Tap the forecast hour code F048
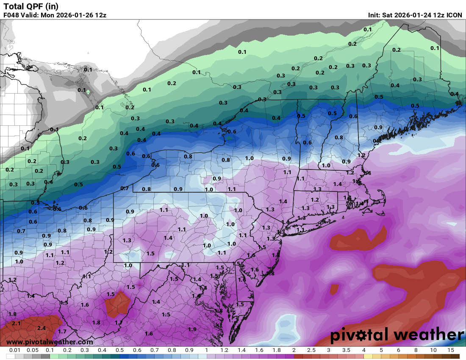tap(11, 15)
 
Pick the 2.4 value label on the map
tap(42, 328)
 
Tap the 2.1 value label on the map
tap(16, 323)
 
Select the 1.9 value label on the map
tap(192, 329)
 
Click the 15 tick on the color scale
tap(451, 351)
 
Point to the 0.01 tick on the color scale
tap(15, 351)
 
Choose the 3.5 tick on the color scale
tap(346, 351)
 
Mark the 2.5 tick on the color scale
tap(311, 351)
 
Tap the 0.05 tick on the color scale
tap(33, 351)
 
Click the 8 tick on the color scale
tap(416, 351)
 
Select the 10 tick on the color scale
tap(433, 351)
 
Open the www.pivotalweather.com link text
tap(50, 342)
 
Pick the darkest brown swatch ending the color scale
tap(455, 356)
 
